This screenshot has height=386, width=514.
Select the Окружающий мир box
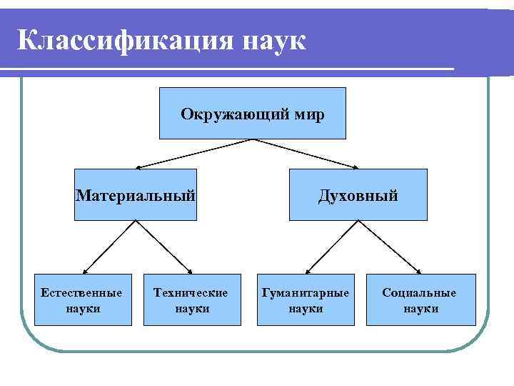(x=252, y=113)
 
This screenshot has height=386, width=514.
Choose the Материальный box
(x=136, y=194)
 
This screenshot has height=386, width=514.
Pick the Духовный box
(x=358, y=194)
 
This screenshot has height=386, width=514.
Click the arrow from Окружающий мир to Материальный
(x=192, y=154)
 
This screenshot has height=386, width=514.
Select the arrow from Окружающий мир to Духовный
(x=307, y=154)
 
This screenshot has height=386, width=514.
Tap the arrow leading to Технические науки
(x=164, y=247)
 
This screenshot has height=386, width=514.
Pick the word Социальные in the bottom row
(x=419, y=293)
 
